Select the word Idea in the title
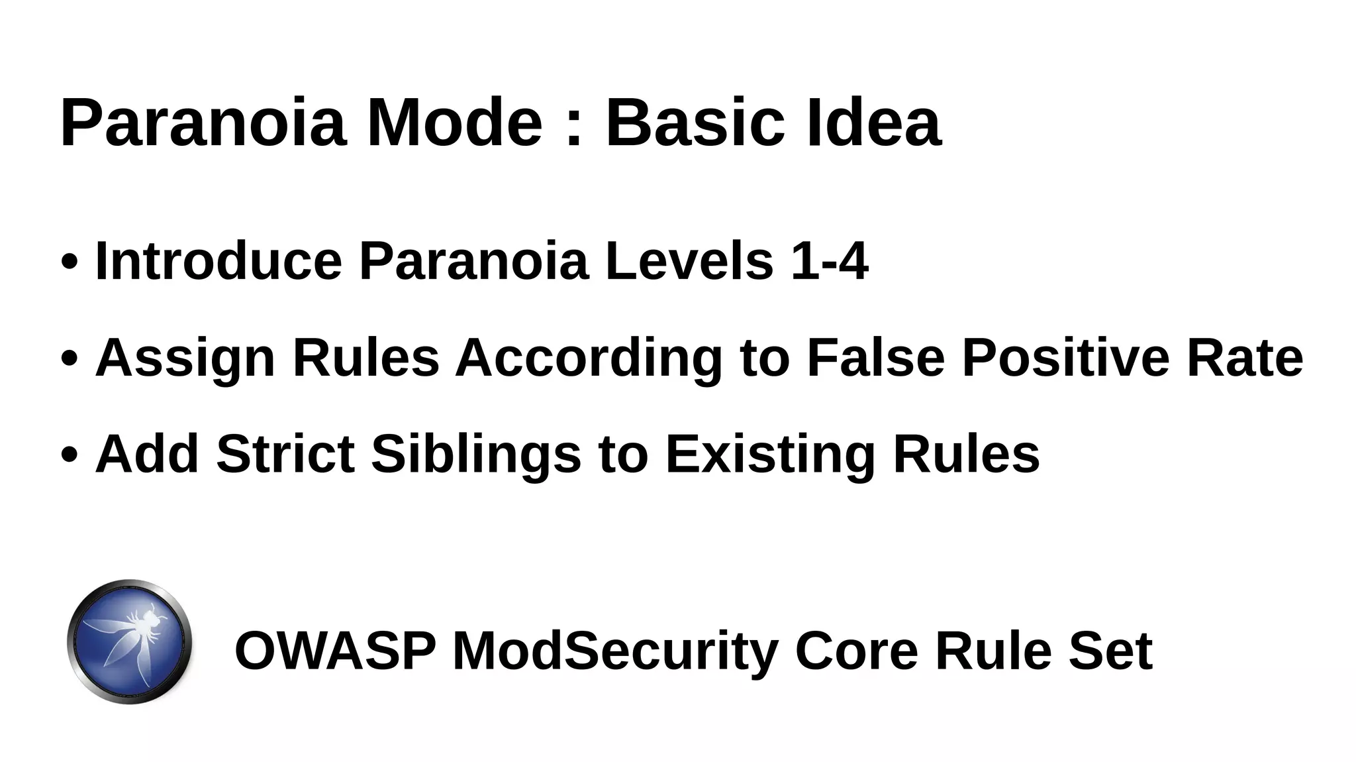click(x=874, y=123)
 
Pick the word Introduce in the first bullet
click(x=218, y=261)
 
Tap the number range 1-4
click(x=830, y=261)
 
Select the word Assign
click(x=185, y=358)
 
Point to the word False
click(x=875, y=357)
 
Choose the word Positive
click(x=1065, y=357)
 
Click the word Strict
click(x=285, y=454)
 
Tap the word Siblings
click(x=476, y=455)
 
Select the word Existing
click(x=770, y=455)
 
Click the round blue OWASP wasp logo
click(x=130, y=641)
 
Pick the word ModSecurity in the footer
click(x=615, y=651)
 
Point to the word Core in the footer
click(x=856, y=651)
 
